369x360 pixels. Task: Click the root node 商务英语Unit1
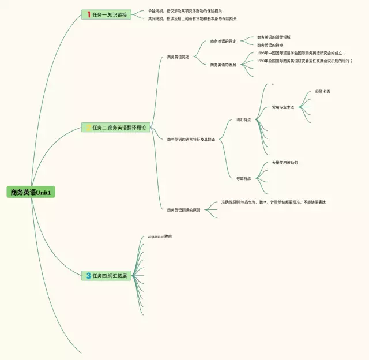tap(31, 192)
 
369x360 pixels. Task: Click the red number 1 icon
tap(89, 14)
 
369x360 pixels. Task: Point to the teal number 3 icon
tap(89, 276)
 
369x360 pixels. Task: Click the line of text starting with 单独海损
tap(184, 11)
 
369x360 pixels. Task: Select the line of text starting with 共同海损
tap(192, 18)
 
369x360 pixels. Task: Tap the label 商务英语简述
tap(178, 57)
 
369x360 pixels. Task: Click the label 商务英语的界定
tap(223, 42)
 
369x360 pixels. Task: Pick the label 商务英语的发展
tap(223, 65)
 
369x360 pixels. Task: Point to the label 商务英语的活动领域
tap(273, 37)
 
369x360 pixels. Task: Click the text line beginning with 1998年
tap(300, 53)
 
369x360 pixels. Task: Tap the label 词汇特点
tap(243, 120)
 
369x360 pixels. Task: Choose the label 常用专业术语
tap(283, 107)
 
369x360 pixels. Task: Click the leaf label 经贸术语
tap(322, 92)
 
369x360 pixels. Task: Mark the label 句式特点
tap(243, 178)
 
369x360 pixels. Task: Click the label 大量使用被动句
tap(284, 163)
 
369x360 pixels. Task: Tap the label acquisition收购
tap(160, 237)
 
